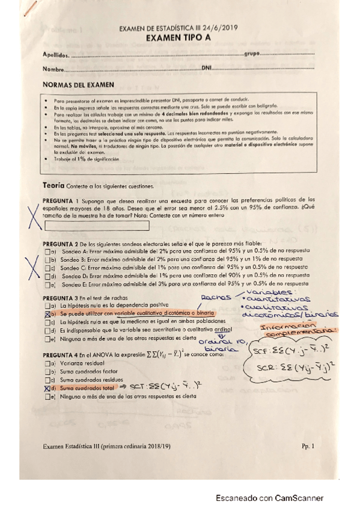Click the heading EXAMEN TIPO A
180,38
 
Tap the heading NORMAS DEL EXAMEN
79,85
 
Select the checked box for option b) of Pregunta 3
47,314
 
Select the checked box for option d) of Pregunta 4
47,390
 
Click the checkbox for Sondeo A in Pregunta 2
47,251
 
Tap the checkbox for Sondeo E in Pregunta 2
47,282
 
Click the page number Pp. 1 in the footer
308,446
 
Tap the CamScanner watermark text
270,498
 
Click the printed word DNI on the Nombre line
207,68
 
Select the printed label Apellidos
56,55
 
